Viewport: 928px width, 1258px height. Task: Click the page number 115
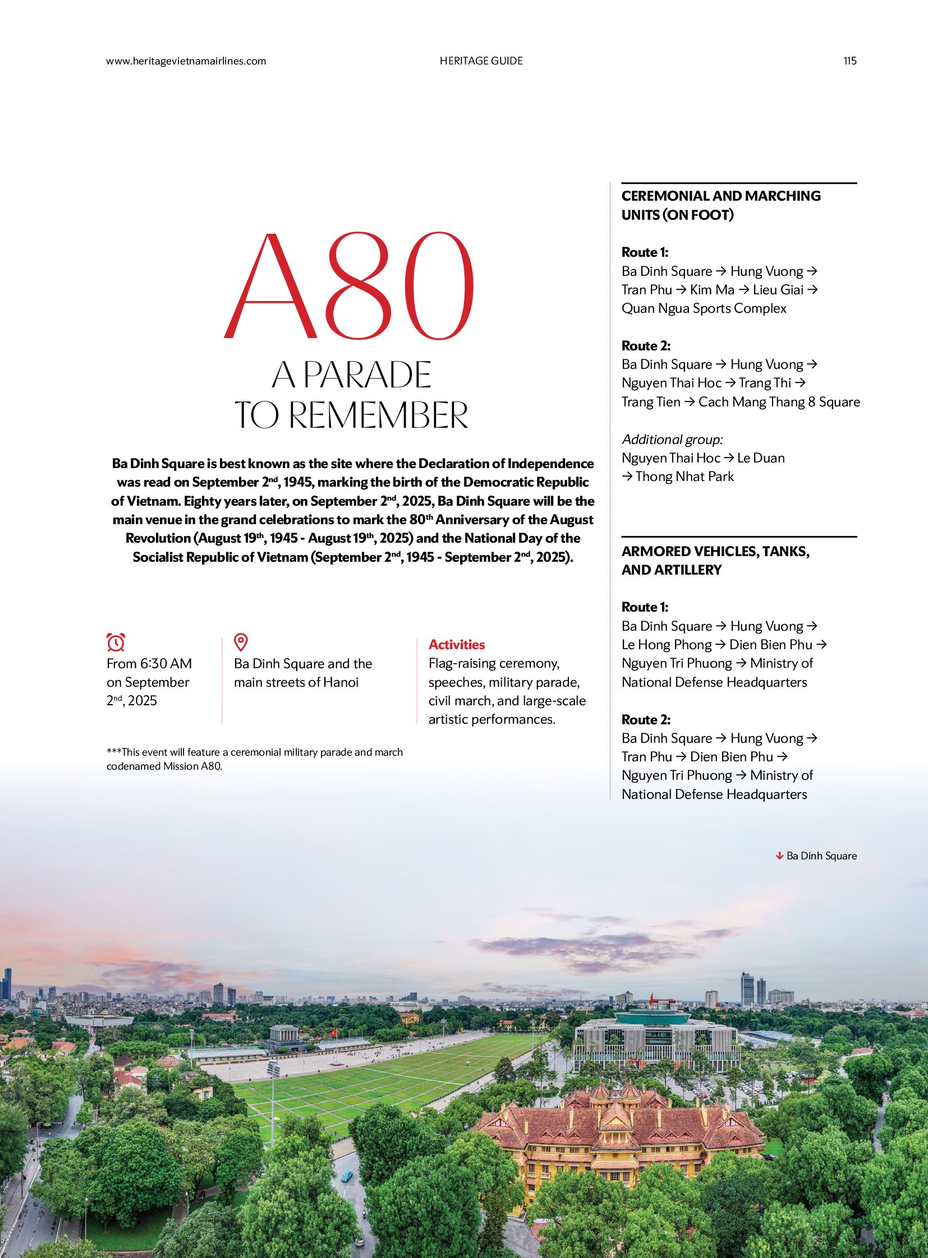point(849,61)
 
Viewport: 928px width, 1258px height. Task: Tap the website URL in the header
point(186,61)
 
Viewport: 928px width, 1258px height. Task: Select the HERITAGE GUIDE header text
point(481,61)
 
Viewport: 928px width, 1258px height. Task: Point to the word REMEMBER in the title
point(378,415)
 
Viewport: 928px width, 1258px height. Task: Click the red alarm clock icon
point(116,642)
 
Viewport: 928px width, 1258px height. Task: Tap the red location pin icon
point(241,642)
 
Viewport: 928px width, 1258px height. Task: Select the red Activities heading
point(456,645)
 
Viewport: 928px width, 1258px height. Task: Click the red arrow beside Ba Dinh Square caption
point(779,855)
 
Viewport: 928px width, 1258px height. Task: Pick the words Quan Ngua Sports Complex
point(704,308)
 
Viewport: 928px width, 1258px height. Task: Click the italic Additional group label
point(672,439)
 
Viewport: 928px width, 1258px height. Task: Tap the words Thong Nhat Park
point(684,477)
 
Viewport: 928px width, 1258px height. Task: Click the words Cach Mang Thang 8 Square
point(779,402)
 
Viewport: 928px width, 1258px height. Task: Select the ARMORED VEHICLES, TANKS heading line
point(715,551)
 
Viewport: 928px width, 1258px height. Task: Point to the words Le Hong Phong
point(666,645)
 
